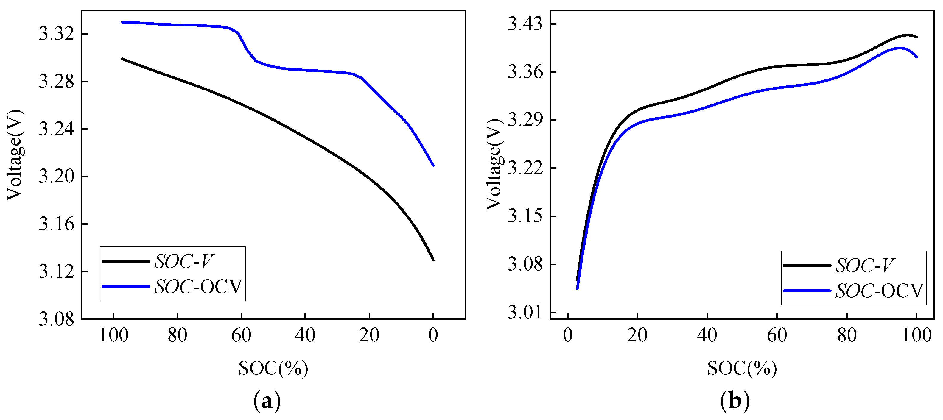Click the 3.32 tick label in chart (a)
click(x=56, y=34)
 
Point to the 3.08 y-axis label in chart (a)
click(x=56, y=319)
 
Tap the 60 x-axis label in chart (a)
click(x=241, y=335)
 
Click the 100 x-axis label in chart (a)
click(x=113, y=335)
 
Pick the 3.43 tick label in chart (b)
click(x=525, y=24)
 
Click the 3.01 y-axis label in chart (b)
click(x=525, y=313)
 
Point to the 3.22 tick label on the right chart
click(x=525, y=168)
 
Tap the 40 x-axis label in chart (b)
click(x=707, y=335)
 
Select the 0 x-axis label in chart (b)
click(x=567, y=335)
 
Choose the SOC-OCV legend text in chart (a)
click(x=198, y=287)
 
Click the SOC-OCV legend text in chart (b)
click(x=879, y=291)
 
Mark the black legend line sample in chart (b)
click(x=807, y=265)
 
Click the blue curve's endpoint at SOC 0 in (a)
click(x=433, y=165)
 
